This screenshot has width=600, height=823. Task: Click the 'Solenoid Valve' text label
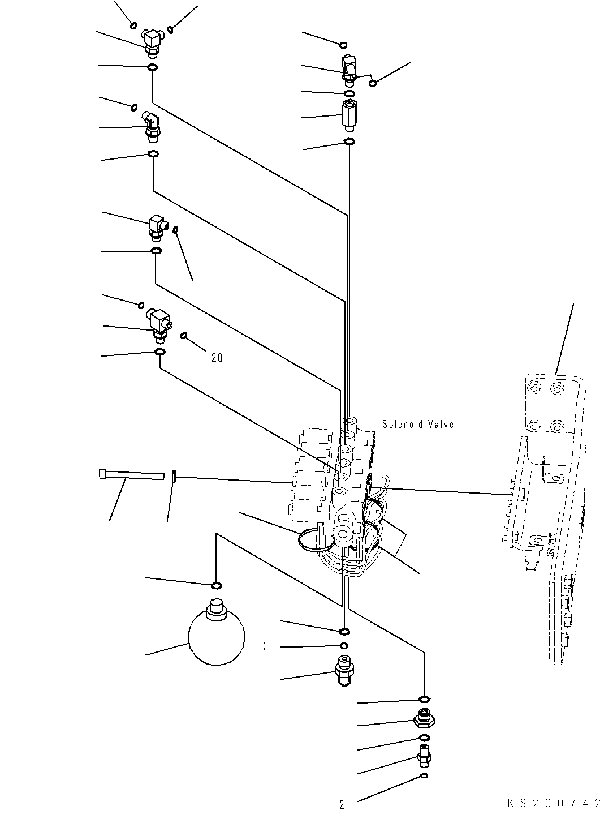coord(417,424)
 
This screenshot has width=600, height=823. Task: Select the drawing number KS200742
coord(552,804)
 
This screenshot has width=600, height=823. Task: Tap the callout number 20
coord(217,358)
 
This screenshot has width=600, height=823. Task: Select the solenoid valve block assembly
coord(336,487)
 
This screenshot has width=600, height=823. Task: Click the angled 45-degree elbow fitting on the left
coord(152,126)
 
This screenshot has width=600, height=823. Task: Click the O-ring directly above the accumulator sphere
coord(215,585)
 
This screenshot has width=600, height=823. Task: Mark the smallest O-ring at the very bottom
coord(424,776)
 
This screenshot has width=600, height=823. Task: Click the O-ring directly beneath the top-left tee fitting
coord(152,68)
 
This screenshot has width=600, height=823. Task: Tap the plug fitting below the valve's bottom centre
coord(343,668)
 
